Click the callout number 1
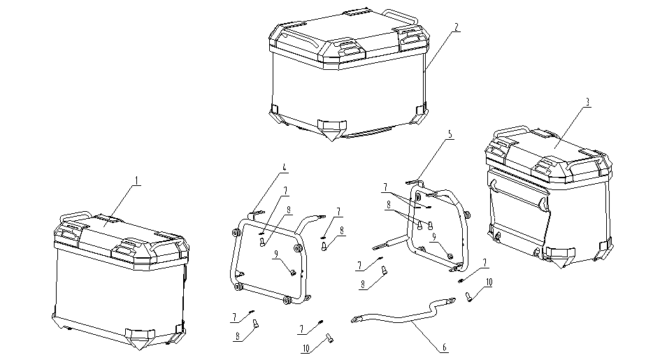pos(138,180)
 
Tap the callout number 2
pos(455,27)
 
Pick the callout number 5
pos(450,133)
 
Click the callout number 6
pos(444,346)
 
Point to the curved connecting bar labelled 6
pos(405,321)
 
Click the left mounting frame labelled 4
pos(269,262)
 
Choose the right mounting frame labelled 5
pos(437,224)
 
